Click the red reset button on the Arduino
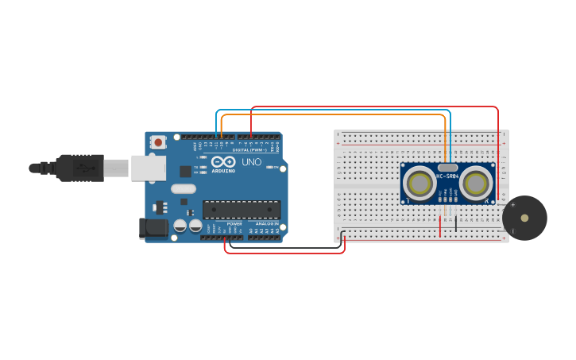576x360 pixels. coord(158,142)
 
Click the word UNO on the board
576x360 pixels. coord(251,162)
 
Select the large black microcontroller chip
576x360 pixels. coord(241,210)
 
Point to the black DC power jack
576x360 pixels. coord(153,228)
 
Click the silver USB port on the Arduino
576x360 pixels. coord(149,168)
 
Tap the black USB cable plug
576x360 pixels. coord(79,168)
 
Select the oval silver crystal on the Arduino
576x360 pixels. coord(183,189)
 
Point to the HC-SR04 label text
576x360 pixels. coord(448,176)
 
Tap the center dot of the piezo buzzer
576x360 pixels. coord(524,218)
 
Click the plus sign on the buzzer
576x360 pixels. coord(512,205)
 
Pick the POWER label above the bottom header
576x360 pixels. coord(234,224)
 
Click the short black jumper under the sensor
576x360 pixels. coord(456,223)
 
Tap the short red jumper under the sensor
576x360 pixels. coord(440,226)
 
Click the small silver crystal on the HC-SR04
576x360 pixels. coord(448,168)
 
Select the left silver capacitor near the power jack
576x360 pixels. coord(180,226)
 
